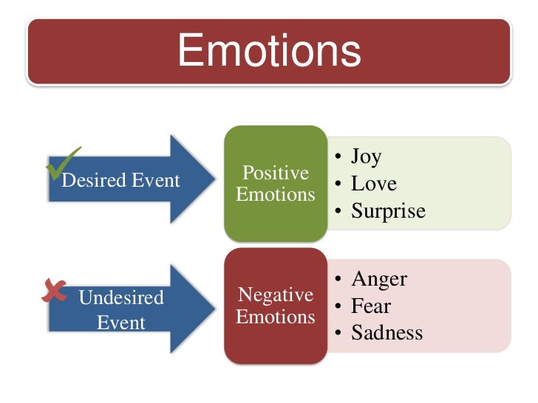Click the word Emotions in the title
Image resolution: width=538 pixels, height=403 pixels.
click(269, 52)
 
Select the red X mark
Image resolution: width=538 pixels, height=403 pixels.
click(54, 292)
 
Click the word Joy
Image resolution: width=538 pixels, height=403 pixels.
click(366, 156)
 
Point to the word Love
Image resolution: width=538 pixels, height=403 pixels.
click(374, 184)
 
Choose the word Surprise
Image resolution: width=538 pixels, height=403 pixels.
click(388, 211)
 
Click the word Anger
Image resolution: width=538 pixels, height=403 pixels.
click(379, 279)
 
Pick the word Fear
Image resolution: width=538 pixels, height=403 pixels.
click(371, 306)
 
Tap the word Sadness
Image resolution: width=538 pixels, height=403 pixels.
click(387, 332)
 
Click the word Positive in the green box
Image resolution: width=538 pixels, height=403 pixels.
click(276, 173)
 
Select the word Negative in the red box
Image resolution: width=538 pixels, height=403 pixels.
click(276, 295)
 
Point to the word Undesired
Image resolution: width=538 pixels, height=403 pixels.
click(120, 299)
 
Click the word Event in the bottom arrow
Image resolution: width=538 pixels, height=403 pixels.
click(120, 323)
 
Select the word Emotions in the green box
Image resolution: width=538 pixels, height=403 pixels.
click(276, 195)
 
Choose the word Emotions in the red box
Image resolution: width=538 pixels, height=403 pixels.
click(276, 317)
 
